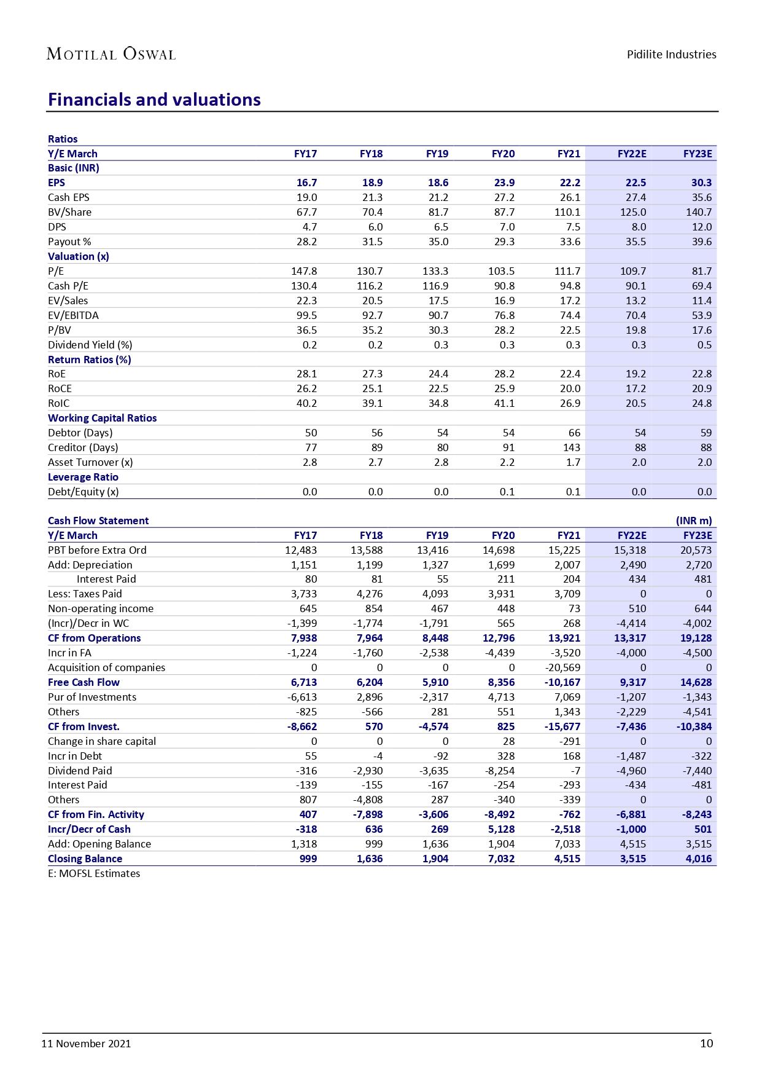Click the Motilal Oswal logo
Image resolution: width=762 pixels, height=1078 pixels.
111,54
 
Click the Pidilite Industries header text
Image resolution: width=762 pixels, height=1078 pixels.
671,55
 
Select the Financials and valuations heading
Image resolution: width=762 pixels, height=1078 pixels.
154,100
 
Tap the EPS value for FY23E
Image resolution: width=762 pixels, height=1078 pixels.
701,183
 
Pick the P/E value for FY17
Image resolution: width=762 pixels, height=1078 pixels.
304,271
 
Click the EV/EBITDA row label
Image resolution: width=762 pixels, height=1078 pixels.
73,315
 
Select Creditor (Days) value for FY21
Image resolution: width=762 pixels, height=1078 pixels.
571,447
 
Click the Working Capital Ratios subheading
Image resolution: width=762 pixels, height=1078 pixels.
102,418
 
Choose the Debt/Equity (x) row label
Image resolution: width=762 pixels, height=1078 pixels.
84,492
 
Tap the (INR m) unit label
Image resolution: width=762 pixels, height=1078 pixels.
694,521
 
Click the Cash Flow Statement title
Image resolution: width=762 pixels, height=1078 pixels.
98,521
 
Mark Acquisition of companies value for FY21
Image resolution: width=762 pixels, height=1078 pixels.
562,667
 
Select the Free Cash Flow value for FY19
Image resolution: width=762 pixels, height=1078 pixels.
435,682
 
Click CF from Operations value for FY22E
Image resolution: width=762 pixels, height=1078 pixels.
630,638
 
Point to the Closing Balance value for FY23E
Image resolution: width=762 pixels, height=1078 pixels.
699,859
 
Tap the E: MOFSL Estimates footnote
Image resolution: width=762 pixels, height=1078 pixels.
94,873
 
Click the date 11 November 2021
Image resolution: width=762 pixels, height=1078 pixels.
86,1044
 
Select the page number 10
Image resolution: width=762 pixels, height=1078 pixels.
706,1044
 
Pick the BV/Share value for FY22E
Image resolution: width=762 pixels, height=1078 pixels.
633,212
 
